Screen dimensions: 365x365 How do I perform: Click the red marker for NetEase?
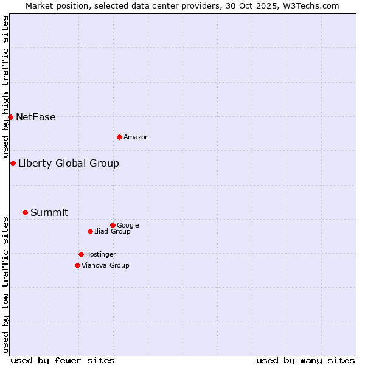point(10,117)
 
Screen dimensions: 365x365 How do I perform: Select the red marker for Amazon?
point(119,137)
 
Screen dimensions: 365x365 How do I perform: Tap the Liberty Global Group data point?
point(13,163)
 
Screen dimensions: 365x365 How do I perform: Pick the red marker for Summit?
point(25,212)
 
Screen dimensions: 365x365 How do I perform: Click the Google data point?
point(113,225)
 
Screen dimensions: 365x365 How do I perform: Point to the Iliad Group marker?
point(90,231)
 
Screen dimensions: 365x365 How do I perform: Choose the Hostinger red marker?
point(81,254)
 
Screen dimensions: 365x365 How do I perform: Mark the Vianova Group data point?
point(77,265)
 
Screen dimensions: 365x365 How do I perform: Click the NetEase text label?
point(35,117)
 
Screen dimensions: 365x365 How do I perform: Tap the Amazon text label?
point(136,137)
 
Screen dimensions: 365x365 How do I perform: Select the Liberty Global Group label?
point(68,163)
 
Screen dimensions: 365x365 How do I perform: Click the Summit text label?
point(49,213)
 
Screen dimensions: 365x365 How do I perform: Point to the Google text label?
point(128,226)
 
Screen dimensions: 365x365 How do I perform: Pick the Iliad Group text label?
point(113,232)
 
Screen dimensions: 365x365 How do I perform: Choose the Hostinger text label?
point(100,255)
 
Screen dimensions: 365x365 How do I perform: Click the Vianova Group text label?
point(105,266)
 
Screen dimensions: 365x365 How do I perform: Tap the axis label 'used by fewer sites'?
point(63,360)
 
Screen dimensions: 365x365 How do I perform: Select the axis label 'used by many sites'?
point(305,360)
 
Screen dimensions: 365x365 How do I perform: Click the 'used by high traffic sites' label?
point(5,87)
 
